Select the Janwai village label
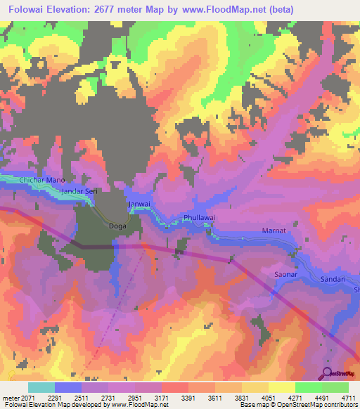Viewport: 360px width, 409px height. (x=139, y=204)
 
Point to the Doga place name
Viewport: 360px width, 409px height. (x=117, y=226)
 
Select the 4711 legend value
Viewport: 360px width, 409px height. (x=348, y=397)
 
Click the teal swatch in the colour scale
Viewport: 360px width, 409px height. (x=41, y=387)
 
